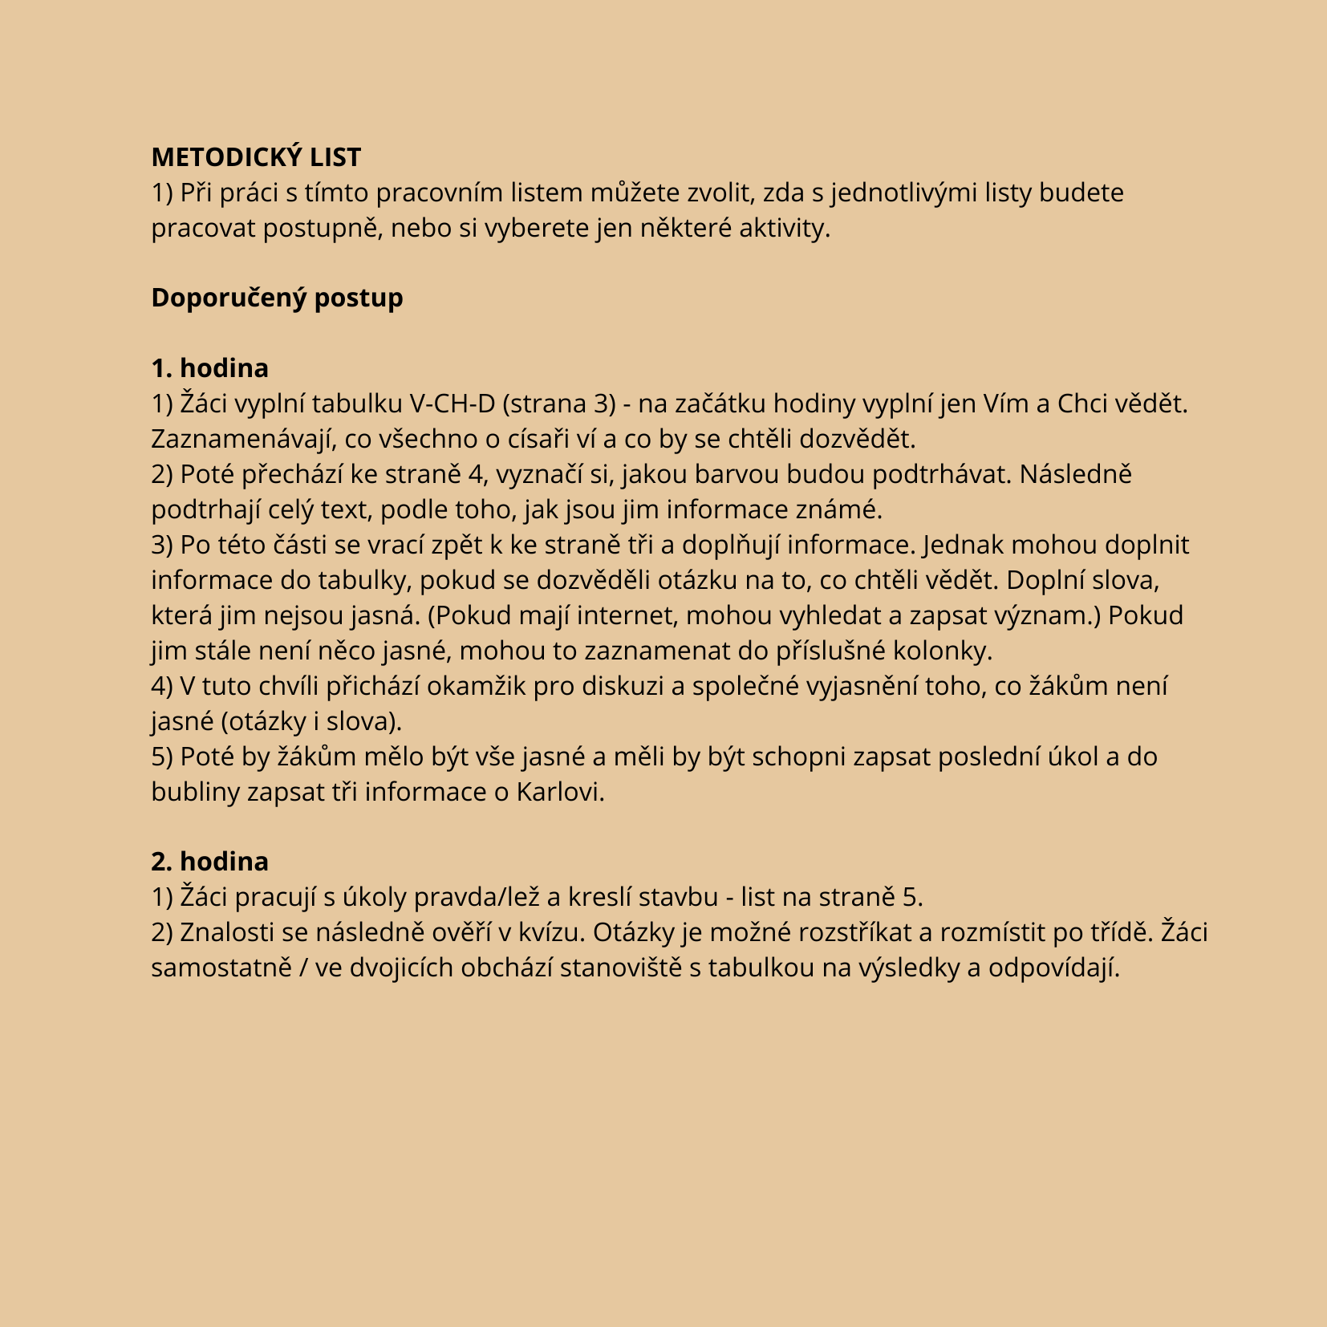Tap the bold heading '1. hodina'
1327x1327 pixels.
pos(209,368)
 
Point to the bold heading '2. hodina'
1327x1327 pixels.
pos(209,862)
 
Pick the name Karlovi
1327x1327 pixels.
pos(559,792)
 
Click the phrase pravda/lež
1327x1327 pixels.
pos(477,897)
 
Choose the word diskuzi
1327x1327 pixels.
pos(627,686)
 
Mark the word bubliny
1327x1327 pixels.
pos(195,792)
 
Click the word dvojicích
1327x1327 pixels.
pos(379,968)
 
